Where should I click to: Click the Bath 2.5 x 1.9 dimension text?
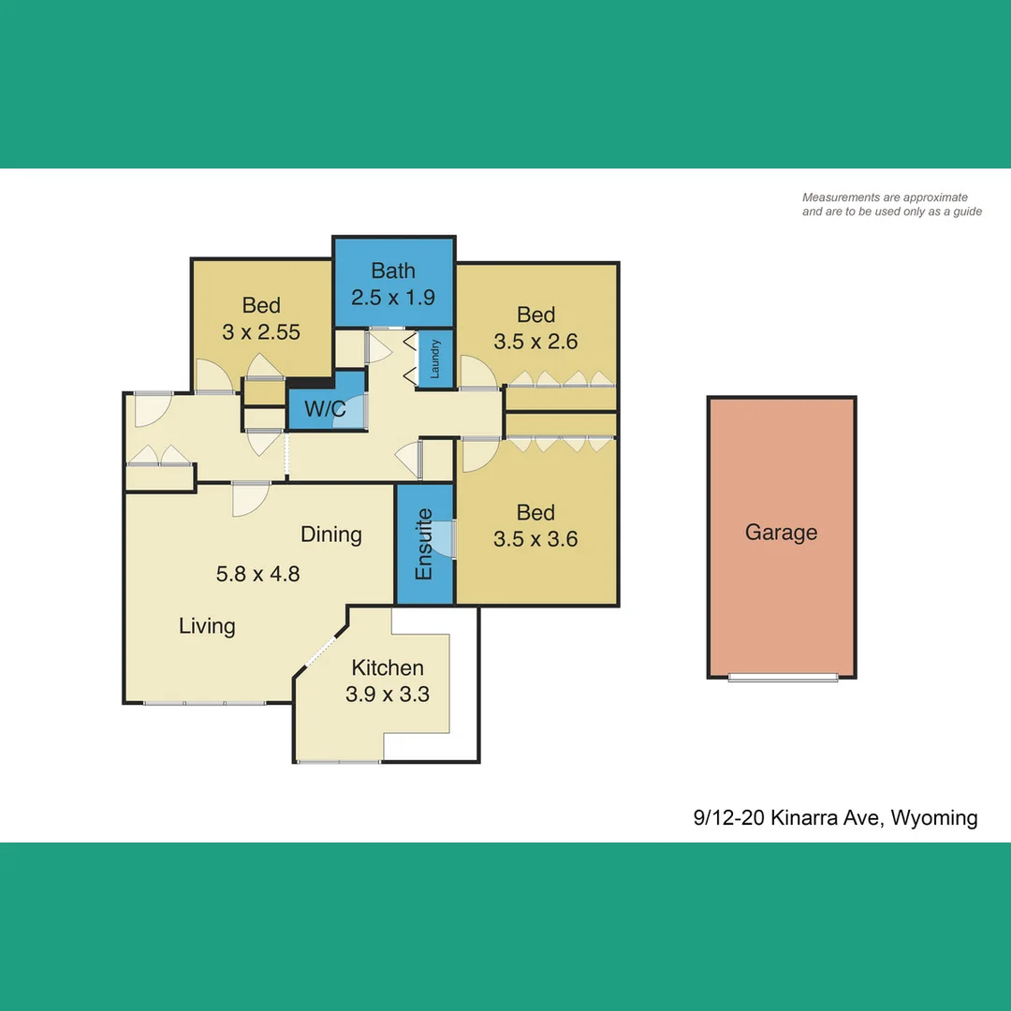point(393,298)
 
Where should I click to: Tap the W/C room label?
point(326,411)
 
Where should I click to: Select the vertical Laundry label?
point(435,359)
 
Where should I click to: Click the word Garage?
point(781,533)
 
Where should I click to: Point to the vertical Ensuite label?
point(424,544)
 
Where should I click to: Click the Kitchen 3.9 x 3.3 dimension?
point(388,695)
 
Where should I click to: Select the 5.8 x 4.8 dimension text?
point(258,574)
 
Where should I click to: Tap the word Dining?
point(331,535)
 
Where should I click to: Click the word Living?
point(207,625)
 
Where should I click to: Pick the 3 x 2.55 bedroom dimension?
point(261,331)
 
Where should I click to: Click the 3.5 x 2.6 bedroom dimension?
point(535,342)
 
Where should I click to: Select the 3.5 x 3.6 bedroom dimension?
point(535,539)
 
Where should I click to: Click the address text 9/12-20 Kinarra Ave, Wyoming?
point(835,818)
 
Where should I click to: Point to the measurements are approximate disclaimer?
point(891,204)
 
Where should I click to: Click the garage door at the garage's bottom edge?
point(783,677)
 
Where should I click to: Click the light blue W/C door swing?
point(351,413)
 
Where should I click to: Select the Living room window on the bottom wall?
point(205,702)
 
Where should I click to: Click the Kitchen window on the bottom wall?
point(339,762)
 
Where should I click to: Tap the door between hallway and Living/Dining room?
point(250,496)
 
